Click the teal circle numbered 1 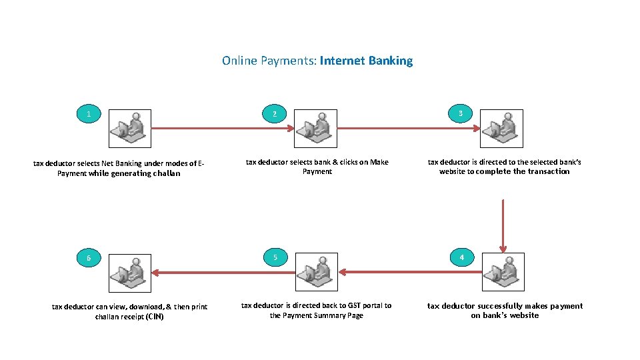[89, 114]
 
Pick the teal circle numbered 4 [462, 257]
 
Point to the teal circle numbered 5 [275, 257]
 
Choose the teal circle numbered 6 [89, 258]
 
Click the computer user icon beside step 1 [130, 128]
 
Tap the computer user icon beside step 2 [316, 128]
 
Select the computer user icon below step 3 [502, 128]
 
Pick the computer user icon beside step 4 [503, 272]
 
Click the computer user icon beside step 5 [316, 272]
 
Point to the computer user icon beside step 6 [130, 272]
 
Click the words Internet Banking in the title [366, 61]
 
